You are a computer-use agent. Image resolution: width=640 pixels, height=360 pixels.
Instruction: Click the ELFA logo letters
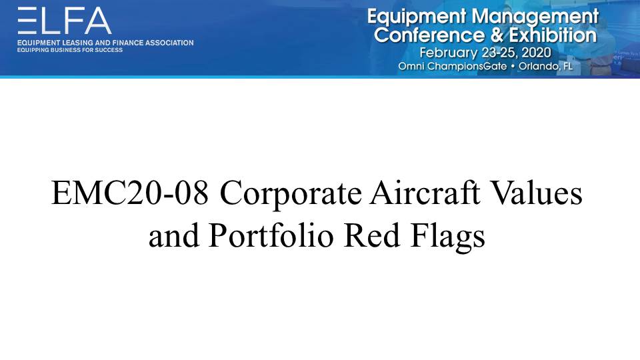click(65, 21)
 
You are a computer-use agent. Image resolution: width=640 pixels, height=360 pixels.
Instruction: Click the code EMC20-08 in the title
click(130, 193)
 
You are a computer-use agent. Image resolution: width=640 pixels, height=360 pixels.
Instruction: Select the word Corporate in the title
click(291, 193)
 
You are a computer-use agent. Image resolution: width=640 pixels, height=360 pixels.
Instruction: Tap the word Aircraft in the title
click(425, 192)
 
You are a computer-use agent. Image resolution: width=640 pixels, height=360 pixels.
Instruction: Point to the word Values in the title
click(536, 192)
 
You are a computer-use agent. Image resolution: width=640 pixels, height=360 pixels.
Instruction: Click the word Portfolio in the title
click(271, 235)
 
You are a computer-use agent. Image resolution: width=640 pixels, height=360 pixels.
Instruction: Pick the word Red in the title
click(372, 235)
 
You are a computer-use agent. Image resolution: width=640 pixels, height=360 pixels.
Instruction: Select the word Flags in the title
click(448, 237)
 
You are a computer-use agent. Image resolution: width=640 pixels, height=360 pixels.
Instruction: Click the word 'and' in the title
click(174, 235)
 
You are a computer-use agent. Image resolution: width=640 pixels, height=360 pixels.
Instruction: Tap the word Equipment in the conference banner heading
click(417, 17)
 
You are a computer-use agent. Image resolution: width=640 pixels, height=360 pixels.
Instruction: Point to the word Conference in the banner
click(429, 35)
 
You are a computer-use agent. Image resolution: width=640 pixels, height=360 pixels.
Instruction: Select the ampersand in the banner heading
click(497, 35)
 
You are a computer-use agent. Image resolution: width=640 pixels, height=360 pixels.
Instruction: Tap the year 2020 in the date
click(536, 53)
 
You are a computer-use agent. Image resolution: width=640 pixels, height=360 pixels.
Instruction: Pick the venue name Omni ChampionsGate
click(452, 67)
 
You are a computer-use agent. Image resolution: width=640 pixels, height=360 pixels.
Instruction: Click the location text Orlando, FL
click(545, 66)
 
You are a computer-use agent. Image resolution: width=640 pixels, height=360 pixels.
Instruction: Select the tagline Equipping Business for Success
click(70, 50)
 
